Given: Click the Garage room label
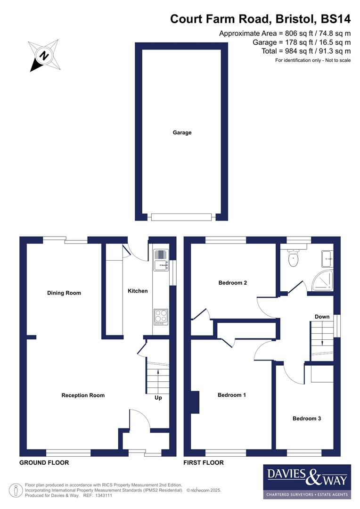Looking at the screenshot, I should tap(182, 133).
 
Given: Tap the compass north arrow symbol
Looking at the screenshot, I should tap(43, 55).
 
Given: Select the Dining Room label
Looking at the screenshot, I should tap(64, 293).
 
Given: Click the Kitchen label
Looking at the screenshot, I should tap(138, 291).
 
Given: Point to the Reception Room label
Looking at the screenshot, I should tap(83, 395).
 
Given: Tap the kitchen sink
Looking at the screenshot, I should tap(160, 265).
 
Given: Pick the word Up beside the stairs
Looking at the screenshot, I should tap(158, 398).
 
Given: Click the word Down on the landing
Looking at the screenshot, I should tap(322, 317).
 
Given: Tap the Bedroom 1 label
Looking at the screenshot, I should tap(232, 395).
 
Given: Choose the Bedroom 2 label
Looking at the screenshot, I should tap(233, 283).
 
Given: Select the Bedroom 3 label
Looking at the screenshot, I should tap(307, 419).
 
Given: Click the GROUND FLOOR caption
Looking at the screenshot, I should tap(44, 463).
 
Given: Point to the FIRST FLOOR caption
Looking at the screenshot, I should tap(204, 463).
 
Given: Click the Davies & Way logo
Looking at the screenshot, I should tap(307, 481).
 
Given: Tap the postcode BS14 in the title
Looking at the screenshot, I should tap(335, 19).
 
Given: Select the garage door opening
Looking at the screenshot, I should tap(181, 217).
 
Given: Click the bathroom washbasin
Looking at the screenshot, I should tap(327, 256).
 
